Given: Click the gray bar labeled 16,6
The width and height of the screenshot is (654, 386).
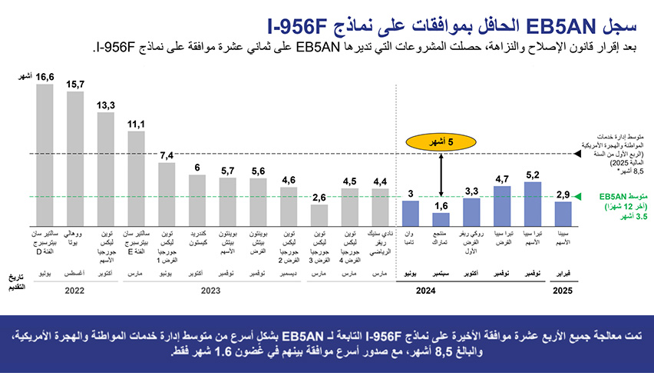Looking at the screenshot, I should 45,153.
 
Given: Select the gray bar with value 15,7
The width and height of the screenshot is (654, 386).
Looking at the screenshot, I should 75,157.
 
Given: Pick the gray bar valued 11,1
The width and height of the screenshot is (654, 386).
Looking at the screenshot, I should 136,177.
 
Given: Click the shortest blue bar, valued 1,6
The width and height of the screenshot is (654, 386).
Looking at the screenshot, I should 441,218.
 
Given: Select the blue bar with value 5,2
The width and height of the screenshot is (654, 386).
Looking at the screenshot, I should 532,202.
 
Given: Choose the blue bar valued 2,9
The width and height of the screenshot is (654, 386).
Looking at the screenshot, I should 563,212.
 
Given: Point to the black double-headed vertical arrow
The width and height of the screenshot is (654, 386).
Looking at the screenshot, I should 441,175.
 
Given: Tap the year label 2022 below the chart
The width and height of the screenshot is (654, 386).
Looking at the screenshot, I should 74,291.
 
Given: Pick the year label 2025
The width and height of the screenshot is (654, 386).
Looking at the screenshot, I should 563,291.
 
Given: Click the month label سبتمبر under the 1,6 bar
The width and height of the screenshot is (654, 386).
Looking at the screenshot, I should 441,273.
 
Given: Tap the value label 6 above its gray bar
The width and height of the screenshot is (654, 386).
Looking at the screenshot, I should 197,167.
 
